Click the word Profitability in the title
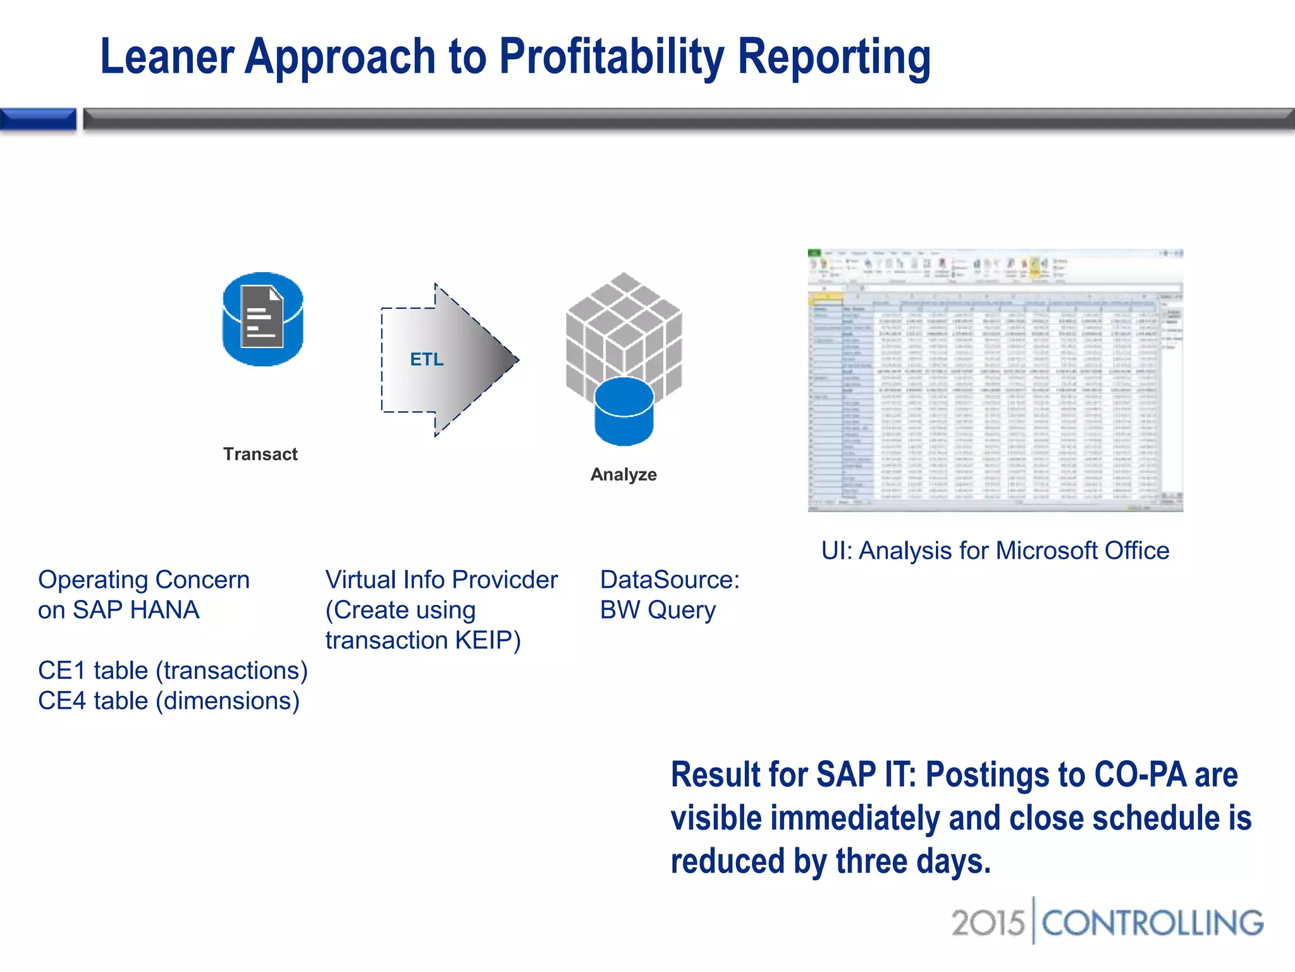click(610, 57)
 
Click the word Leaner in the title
click(167, 57)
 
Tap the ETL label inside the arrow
click(427, 359)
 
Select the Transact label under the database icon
click(260, 454)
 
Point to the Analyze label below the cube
click(623, 475)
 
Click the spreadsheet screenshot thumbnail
click(995, 380)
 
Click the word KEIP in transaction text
click(482, 640)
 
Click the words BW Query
click(658, 610)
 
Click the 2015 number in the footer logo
click(988, 923)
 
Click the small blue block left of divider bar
click(38, 119)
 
